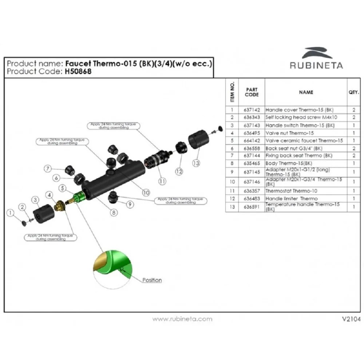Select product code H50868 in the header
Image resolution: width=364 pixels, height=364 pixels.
coord(78,71)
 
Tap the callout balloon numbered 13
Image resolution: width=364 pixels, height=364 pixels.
coord(196,163)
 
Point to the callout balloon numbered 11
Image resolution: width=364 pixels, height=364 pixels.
coord(162,180)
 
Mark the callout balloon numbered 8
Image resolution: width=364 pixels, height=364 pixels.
coord(114,212)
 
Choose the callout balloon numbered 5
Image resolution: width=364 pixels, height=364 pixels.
coord(63,188)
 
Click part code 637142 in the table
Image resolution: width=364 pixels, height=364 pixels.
coord(252,110)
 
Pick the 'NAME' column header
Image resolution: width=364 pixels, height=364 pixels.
coord(306,92)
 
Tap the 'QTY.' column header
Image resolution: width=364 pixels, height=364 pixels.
coord(353,92)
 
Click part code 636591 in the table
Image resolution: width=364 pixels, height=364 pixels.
coord(252,207)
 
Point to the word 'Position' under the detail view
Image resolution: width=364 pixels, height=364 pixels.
coord(152,280)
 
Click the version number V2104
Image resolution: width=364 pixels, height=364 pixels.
coord(351,319)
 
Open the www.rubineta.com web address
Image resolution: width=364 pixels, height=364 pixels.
coord(182,319)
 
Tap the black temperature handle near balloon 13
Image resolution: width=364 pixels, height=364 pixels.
coord(199,140)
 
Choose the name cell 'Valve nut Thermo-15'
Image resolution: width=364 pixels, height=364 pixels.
coord(289,133)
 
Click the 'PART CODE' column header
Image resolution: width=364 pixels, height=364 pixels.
coord(252,92)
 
